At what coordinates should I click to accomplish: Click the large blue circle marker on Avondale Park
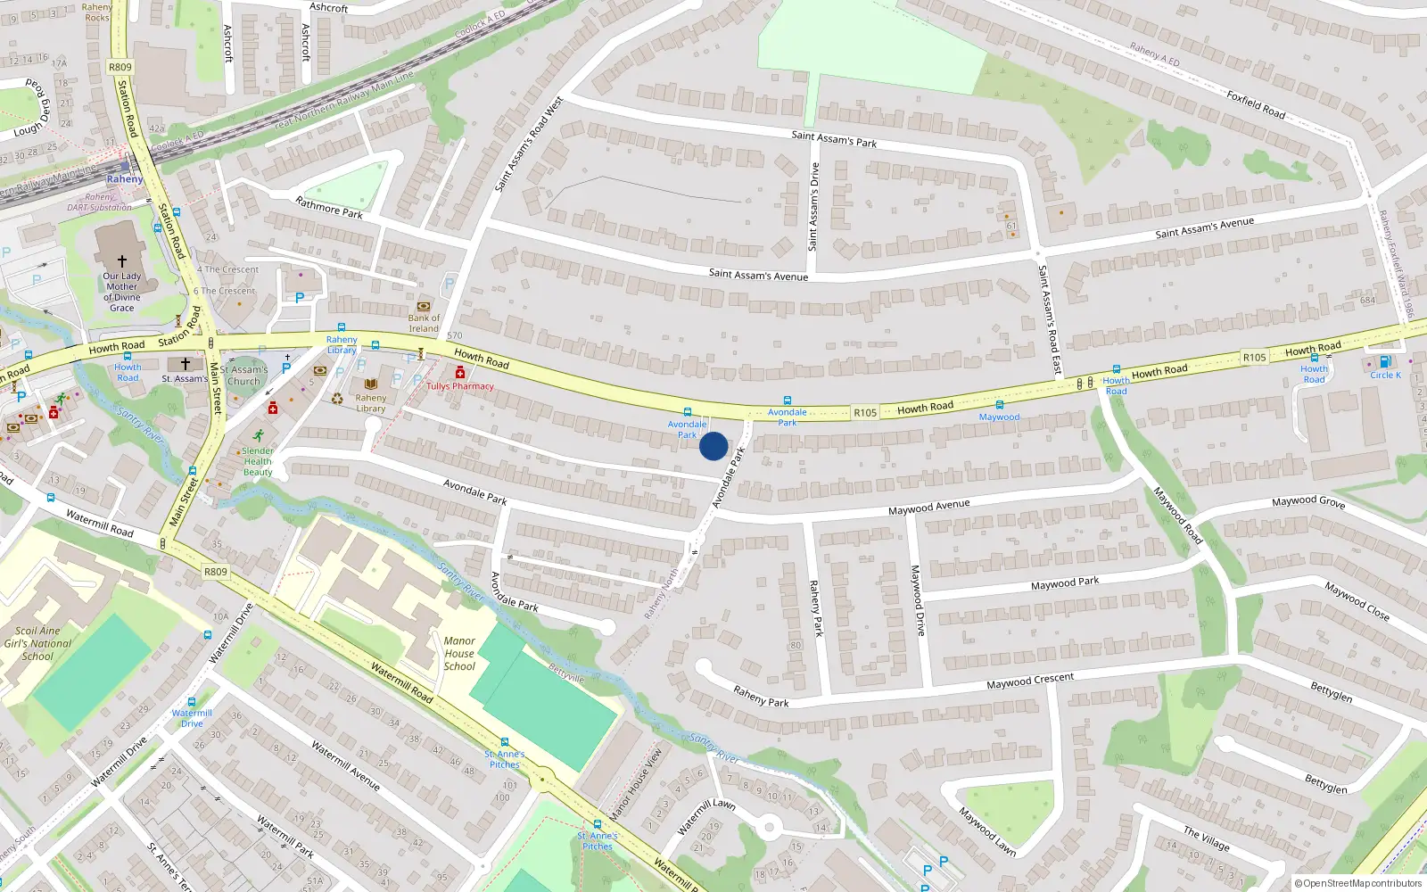[713, 446]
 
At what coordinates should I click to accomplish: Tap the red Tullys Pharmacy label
[459, 386]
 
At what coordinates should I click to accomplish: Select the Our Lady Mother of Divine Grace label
[122, 292]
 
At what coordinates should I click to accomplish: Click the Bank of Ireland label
[424, 323]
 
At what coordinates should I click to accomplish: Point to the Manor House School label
[459, 653]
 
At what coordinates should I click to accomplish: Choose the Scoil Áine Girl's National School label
[37, 643]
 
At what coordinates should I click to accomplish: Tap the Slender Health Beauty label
[258, 461]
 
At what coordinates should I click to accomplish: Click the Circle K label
[1385, 376]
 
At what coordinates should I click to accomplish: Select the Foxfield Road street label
[1256, 104]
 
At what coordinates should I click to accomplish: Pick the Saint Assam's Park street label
[834, 138]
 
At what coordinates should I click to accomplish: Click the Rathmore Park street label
[329, 208]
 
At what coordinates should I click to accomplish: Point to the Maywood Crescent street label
[1030, 681]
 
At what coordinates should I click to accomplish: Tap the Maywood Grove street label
[1307, 502]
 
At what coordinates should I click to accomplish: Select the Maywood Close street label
[1357, 600]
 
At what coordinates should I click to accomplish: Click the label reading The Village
[1206, 838]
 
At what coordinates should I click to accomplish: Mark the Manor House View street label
[636, 784]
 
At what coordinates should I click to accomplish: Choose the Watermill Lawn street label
[705, 815]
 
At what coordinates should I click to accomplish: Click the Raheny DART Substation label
[99, 202]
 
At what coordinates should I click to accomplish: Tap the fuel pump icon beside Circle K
[1384, 361]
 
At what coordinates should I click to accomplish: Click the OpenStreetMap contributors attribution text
[1357, 883]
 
